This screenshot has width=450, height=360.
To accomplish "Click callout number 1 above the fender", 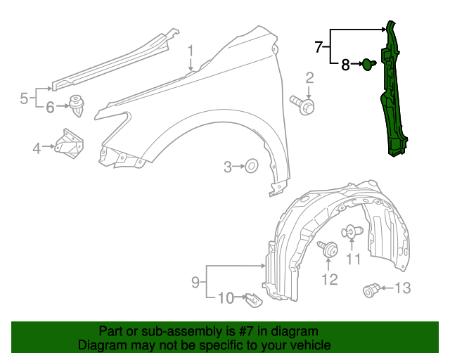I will pos(190,50).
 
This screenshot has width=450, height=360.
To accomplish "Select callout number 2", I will pos(309,77).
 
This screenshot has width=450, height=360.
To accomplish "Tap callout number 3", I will pos(227,167).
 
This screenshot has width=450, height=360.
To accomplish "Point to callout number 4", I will pos(36,148).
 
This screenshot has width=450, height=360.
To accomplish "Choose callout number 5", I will pos(23,98).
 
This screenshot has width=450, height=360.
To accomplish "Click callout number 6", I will pos(50,108).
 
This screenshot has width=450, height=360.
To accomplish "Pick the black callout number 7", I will pos(319,47).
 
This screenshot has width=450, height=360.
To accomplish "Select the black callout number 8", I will pos(345,65).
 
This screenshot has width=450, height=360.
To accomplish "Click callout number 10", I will pos(225,298).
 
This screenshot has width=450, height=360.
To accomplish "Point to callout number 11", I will pos(353,259).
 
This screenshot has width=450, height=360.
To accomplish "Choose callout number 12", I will pos(329,279).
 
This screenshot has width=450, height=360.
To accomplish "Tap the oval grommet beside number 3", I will pos(250,167).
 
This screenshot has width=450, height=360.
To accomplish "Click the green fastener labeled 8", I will pos(368,65).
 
